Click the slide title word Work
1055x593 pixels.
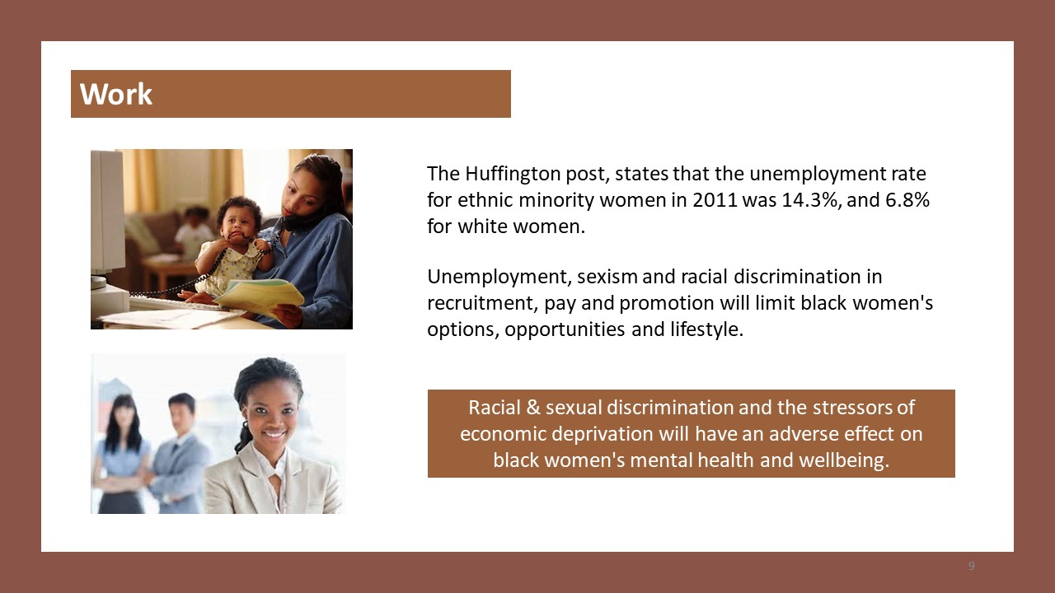pyautogui.click(x=116, y=94)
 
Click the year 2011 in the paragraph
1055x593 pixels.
pyautogui.click(x=715, y=200)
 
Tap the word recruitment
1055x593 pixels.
pyautogui.click(x=481, y=303)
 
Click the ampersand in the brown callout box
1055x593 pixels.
pyautogui.click(x=532, y=408)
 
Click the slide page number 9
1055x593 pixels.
pyautogui.click(x=972, y=566)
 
